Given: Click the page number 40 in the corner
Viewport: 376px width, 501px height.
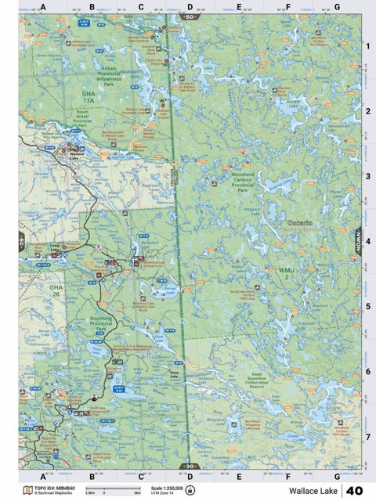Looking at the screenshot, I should (354, 491).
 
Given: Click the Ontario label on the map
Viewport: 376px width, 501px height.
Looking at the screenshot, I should (300, 223).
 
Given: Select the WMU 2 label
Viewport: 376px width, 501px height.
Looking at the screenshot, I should (287, 274).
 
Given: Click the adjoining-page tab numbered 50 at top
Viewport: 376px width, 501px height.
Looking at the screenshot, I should (189, 16).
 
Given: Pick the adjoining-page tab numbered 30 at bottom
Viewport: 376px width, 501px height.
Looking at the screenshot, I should (188, 466).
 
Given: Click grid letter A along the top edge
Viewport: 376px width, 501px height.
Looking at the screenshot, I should (44, 7).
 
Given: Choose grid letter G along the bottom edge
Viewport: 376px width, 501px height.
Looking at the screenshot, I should (337, 475).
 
